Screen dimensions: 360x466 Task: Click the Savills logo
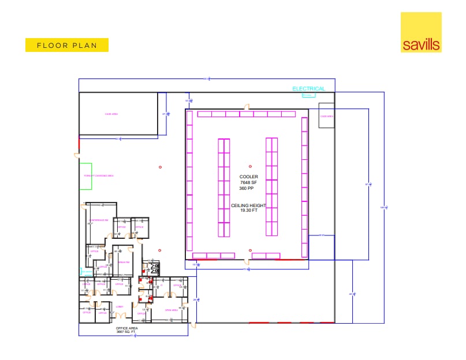tap(420, 32)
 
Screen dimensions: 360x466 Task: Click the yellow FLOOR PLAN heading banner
tap(67, 45)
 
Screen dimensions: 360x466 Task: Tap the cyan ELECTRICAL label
tap(308, 89)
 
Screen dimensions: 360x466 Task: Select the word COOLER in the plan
tap(249, 177)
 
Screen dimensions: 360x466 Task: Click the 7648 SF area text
tap(249, 183)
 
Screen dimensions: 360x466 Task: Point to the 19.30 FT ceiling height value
tap(249, 211)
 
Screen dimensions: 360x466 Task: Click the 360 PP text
tap(249, 189)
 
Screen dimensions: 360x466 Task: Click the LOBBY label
tap(120, 307)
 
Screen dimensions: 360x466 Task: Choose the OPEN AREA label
tap(171, 310)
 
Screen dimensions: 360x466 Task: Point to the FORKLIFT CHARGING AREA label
tap(98, 175)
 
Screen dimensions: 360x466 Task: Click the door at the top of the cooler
tap(247, 107)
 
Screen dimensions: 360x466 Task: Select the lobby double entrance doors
tap(120, 316)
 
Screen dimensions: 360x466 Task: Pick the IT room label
tap(162, 285)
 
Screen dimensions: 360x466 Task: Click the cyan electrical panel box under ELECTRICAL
tap(309, 95)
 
